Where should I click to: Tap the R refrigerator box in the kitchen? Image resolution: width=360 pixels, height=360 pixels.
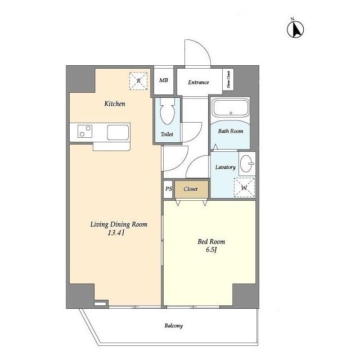[x=138, y=81]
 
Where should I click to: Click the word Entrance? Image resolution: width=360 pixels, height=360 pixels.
[x=198, y=83]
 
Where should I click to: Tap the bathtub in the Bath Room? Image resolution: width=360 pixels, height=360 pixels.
[x=229, y=108]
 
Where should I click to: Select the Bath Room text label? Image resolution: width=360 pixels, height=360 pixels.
[x=230, y=131]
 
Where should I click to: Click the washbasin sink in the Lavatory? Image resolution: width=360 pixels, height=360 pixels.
[x=246, y=164]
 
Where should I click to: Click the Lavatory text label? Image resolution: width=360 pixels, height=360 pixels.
[x=225, y=167]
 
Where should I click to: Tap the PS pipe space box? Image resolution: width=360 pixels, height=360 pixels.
[x=168, y=189]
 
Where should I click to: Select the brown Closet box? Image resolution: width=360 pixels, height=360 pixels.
[x=191, y=189]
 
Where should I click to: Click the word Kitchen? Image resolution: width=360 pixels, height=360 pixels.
[x=114, y=104]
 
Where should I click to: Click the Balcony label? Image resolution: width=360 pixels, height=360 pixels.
[x=173, y=326]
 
